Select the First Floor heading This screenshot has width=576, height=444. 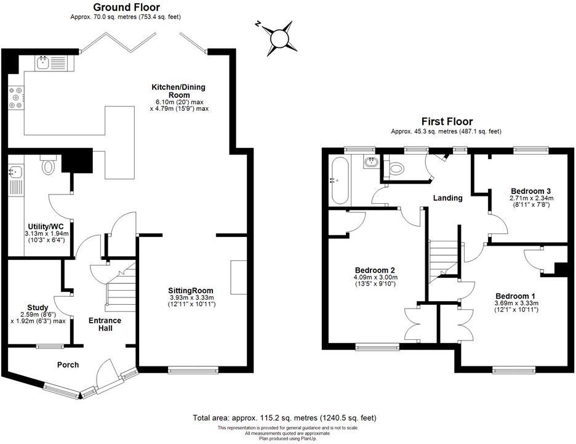pos(446,122)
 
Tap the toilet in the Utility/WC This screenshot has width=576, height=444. pos(47,165)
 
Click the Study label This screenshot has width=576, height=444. pos(38,307)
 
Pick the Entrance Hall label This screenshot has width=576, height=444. pos(105,325)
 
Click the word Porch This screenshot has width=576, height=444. pos(68,365)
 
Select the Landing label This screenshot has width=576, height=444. pos(447,198)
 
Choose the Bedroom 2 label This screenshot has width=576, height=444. pos(374,270)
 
